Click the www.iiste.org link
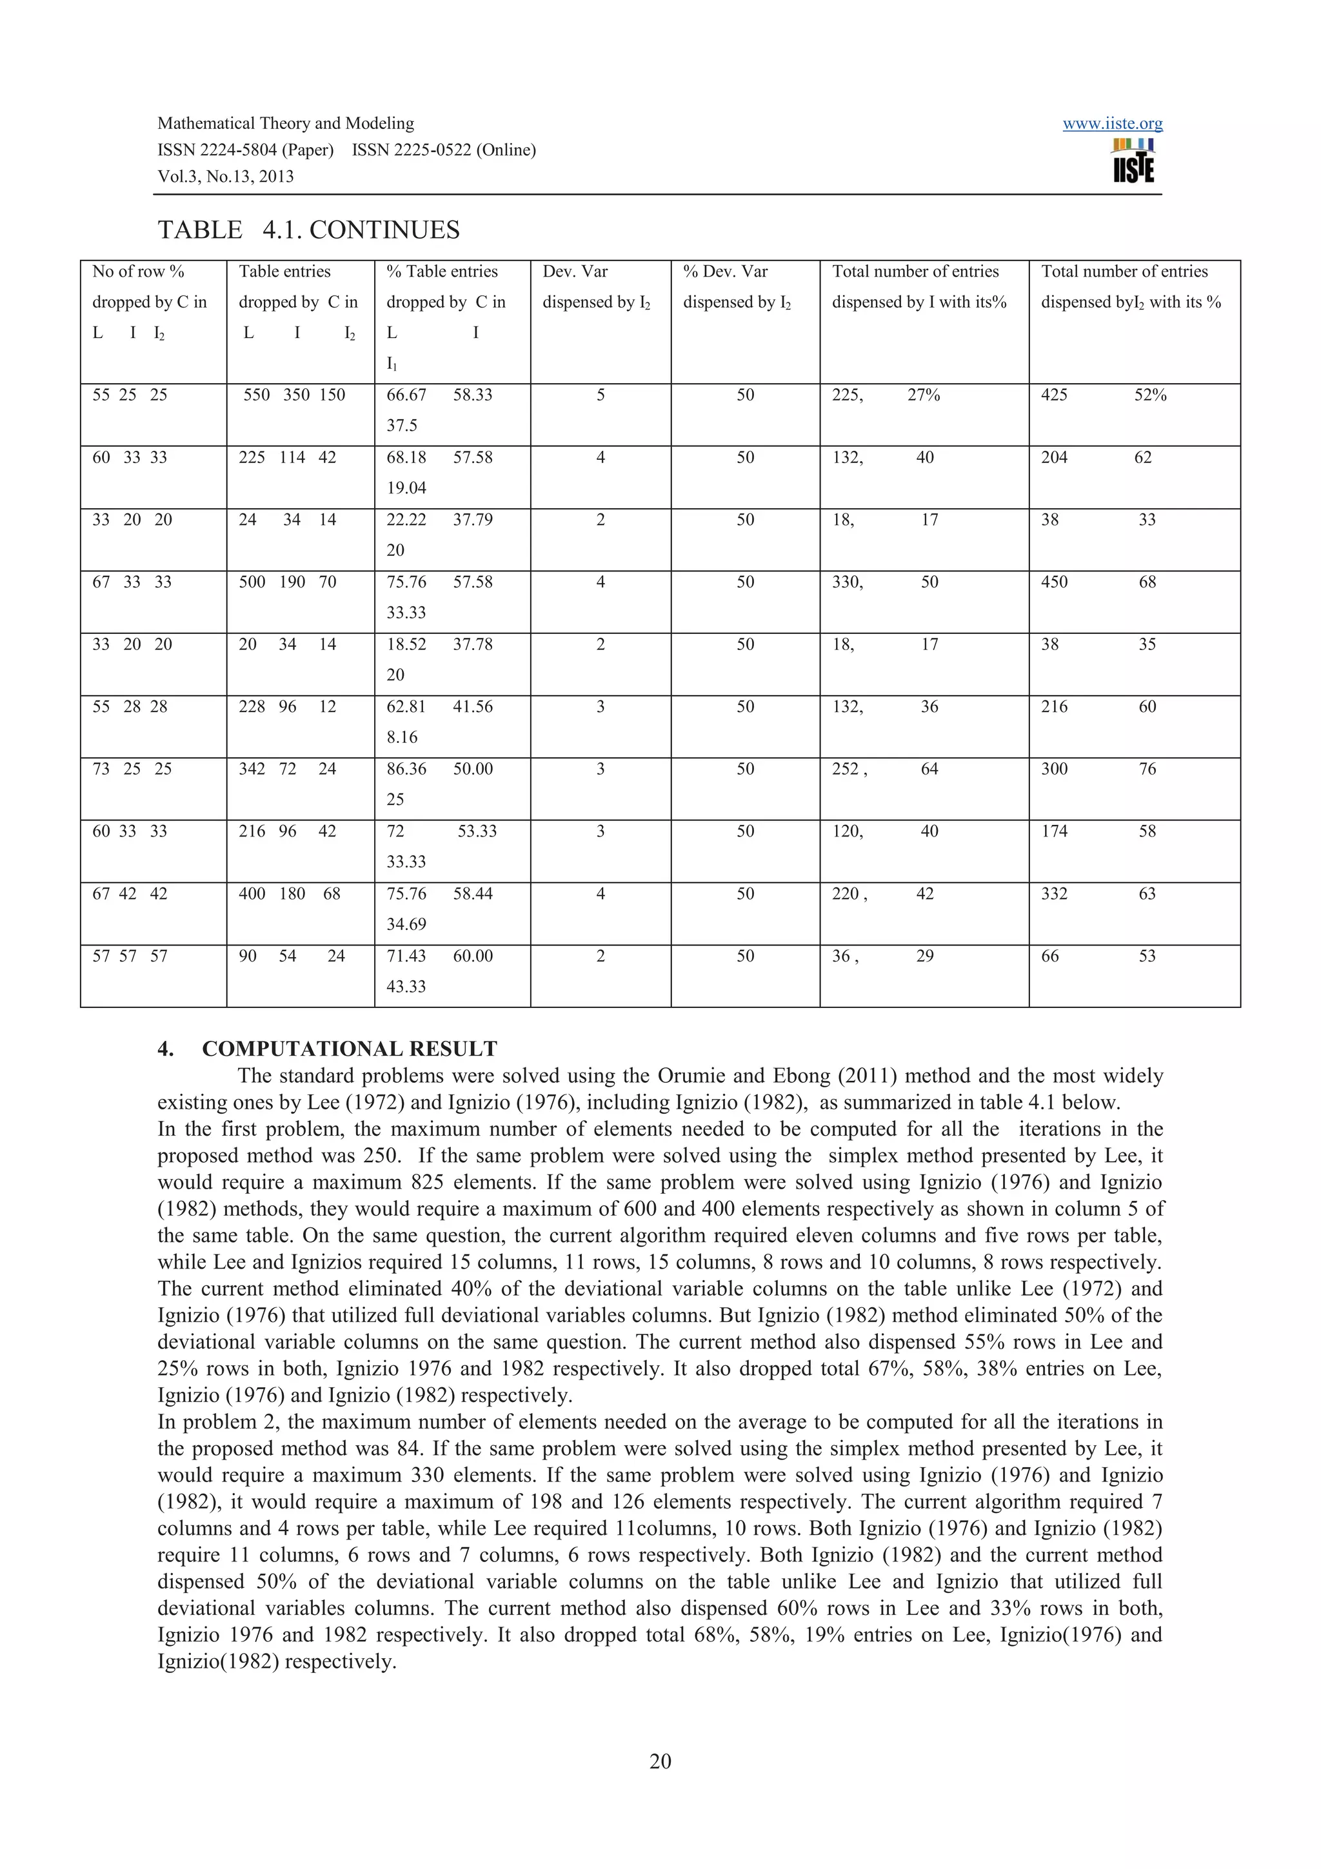pos(1112,124)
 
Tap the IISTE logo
pos(1133,161)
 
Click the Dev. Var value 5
pos(600,395)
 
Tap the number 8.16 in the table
pos(401,738)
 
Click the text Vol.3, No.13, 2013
pos(226,177)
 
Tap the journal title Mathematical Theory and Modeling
pos(285,124)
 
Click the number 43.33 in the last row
pos(405,987)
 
